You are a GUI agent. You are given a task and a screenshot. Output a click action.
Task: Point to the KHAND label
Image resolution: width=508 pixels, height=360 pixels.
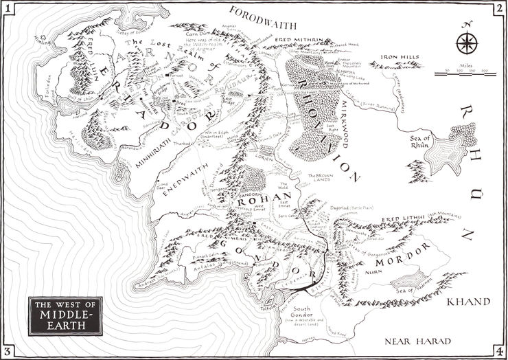(x=469, y=302)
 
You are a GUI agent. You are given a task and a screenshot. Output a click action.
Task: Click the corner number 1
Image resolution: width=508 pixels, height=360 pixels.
(x=8, y=8)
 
